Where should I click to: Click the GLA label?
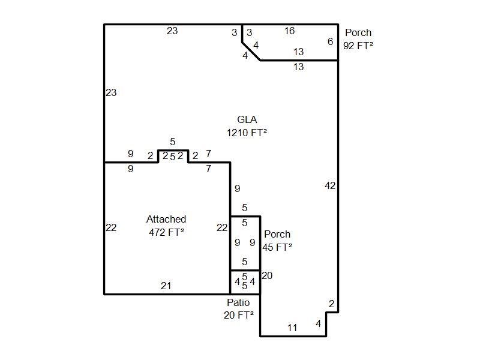click(247, 119)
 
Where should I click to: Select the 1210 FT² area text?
click(247, 133)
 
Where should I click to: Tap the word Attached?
click(166, 219)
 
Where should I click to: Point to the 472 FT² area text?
click(166, 232)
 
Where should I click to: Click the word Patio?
click(238, 302)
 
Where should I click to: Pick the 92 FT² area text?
click(358, 46)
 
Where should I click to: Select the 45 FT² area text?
click(277, 247)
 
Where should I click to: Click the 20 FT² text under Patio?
click(238, 315)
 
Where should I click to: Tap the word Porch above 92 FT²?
click(358, 32)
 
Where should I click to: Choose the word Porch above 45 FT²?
click(277, 234)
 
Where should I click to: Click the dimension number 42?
click(330, 185)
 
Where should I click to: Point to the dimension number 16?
click(289, 31)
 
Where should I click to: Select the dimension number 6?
click(330, 41)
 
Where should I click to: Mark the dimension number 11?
click(292, 328)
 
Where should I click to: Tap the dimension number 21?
click(166, 286)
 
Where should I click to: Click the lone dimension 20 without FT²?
click(267, 275)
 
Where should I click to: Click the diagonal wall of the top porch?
click(251, 51)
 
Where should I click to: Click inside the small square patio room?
click(245, 282)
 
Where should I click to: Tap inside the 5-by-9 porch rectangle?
click(245, 243)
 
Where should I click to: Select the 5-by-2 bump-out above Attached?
click(173, 156)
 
